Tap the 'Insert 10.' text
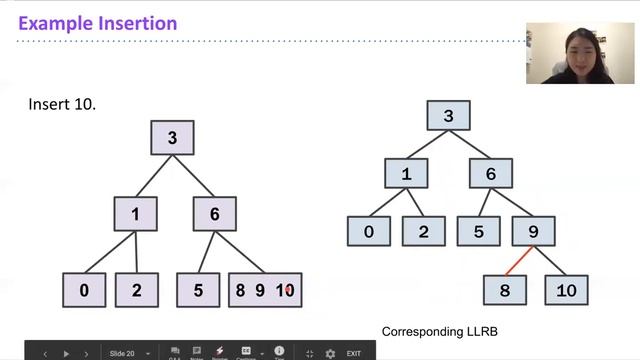(x=62, y=105)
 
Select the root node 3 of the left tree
(x=172, y=138)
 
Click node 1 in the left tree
(x=136, y=214)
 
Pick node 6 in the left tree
(x=214, y=214)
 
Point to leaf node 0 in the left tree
(x=85, y=290)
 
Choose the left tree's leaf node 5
(x=198, y=290)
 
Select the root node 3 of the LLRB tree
(x=448, y=116)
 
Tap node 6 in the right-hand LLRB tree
(x=491, y=174)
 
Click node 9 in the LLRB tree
(x=534, y=231)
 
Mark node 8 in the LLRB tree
(x=504, y=290)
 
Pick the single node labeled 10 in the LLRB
(x=566, y=290)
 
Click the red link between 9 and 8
(x=517, y=261)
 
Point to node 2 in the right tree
(x=423, y=231)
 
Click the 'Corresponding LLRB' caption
(x=440, y=331)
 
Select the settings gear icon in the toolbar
(x=330, y=353)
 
